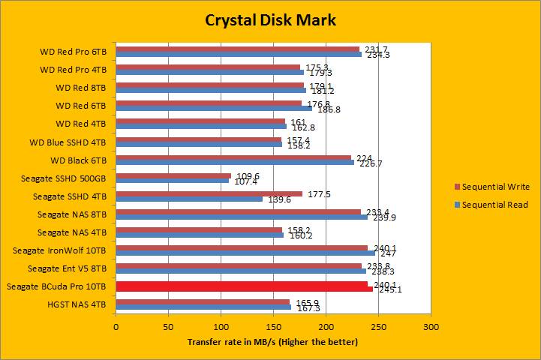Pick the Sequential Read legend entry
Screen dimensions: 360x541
click(494, 205)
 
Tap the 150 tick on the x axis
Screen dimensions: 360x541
click(273, 327)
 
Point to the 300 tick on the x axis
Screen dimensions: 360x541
click(431, 327)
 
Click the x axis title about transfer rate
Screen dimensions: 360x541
click(272, 342)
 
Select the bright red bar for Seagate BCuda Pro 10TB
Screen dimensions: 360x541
click(244, 286)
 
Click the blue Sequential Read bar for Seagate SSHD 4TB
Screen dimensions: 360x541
click(189, 199)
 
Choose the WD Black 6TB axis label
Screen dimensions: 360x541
click(79, 160)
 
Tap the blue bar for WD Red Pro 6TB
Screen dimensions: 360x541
click(239, 55)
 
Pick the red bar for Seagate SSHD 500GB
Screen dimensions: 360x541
click(173, 176)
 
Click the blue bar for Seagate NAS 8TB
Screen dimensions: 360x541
click(242, 217)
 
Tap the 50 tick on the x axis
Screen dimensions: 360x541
click(168, 327)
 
